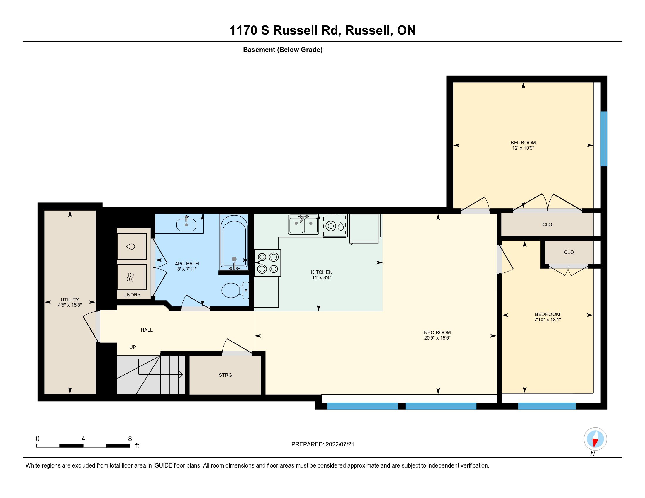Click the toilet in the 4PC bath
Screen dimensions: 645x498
(x=235, y=290)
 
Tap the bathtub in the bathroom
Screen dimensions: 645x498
(x=234, y=242)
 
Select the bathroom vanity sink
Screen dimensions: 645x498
(x=186, y=224)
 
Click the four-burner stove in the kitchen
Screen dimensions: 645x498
(x=268, y=263)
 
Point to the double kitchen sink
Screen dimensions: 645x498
(x=303, y=225)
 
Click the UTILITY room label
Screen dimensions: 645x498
(x=70, y=299)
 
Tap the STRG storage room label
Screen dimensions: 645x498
(x=225, y=375)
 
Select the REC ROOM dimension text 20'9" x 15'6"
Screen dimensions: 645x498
(x=437, y=338)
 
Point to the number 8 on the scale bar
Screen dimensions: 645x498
(x=130, y=439)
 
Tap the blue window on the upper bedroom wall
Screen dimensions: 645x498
(x=604, y=139)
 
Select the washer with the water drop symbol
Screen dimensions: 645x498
(x=131, y=246)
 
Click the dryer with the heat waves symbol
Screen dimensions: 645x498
(x=131, y=277)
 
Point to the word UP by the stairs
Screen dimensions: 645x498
(x=133, y=347)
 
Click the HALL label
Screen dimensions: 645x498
(x=147, y=330)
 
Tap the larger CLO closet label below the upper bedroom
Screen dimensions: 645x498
(x=547, y=224)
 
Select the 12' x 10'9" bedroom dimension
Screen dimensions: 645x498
(x=523, y=148)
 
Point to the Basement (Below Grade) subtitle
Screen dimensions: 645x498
(x=283, y=50)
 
